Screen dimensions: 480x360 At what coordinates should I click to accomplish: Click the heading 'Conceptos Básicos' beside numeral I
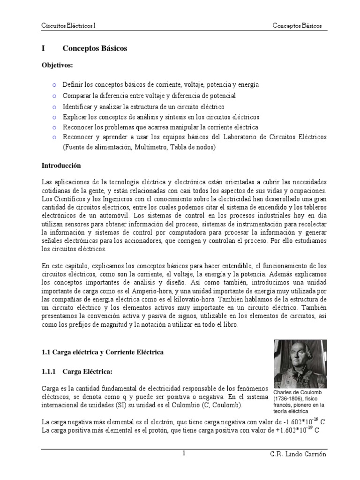[x=95, y=48]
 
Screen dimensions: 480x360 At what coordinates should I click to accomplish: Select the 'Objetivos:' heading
[x=58, y=65]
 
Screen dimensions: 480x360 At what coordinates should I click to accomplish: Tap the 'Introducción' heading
[x=61, y=165]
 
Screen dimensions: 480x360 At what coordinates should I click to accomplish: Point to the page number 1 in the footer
[x=184, y=453]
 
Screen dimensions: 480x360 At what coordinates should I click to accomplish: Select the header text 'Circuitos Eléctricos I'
[x=68, y=25]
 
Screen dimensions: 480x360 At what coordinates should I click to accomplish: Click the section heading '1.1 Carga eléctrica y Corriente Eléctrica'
[x=103, y=352]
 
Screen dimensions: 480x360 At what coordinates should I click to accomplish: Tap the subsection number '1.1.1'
[x=49, y=371]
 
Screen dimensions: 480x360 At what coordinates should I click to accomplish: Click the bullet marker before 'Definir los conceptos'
[x=54, y=85]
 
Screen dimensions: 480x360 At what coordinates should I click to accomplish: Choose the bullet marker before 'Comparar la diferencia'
[x=54, y=96]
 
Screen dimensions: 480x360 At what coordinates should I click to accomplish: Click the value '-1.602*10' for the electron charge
[x=297, y=421]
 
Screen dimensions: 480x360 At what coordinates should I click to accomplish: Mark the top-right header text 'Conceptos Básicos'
[x=298, y=25]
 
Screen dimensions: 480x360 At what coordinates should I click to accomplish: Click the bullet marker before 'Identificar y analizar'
[x=54, y=106]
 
